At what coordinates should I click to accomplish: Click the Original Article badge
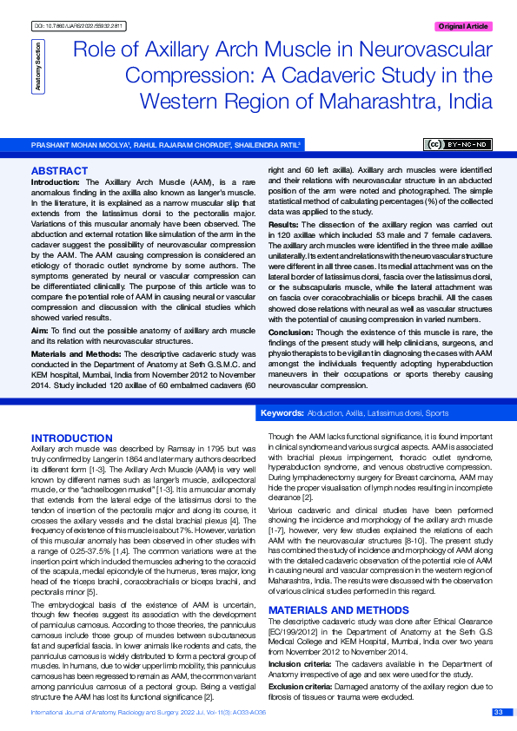click(463, 27)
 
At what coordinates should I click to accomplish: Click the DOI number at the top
click(80, 27)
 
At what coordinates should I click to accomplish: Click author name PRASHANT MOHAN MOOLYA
click(79, 144)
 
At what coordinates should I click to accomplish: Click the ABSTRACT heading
click(59, 170)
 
